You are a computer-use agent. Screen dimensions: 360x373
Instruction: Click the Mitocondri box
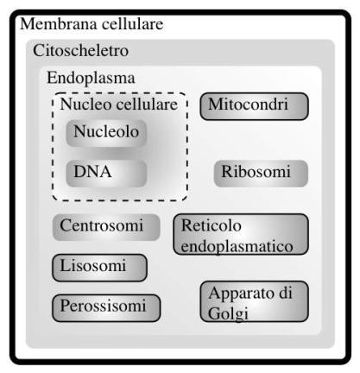click(254, 106)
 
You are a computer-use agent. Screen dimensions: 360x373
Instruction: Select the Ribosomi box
click(261, 174)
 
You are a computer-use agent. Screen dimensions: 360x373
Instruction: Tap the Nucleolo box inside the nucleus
click(106, 134)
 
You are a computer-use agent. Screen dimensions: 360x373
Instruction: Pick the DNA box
click(106, 174)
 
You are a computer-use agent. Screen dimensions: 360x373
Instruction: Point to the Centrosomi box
click(106, 227)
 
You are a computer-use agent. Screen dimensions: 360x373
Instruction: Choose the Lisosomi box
click(99, 268)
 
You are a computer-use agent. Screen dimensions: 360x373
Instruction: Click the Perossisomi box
click(106, 308)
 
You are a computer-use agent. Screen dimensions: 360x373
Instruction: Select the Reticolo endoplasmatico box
click(241, 234)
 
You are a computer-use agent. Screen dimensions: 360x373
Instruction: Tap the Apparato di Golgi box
click(254, 301)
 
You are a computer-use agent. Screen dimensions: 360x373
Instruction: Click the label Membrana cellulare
click(92, 24)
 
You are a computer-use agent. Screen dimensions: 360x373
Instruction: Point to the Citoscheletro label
click(80, 51)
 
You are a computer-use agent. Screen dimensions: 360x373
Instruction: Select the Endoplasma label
click(91, 78)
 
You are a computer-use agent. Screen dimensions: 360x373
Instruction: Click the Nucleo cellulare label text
click(118, 104)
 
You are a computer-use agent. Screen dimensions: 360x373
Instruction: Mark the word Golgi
click(228, 313)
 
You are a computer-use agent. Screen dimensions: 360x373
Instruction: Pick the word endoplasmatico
click(237, 247)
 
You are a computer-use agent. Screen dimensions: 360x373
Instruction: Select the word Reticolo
click(212, 225)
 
